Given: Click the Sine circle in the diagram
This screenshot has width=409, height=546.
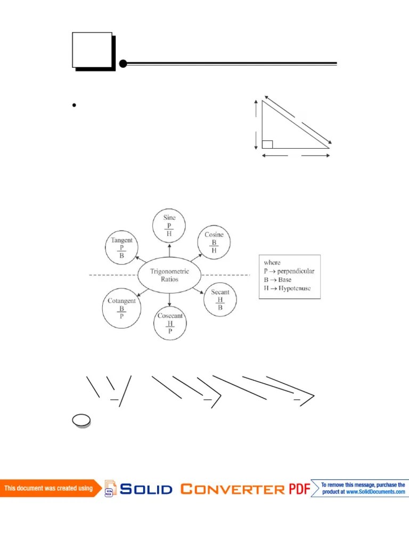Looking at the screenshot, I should click(x=169, y=226).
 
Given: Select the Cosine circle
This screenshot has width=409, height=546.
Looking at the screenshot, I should click(x=214, y=243).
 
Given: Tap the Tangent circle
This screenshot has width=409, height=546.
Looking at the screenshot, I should click(x=121, y=248).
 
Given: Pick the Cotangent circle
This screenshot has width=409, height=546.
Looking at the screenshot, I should click(x=121, y=309).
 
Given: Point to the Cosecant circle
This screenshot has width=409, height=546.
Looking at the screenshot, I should click(x=170, y=324).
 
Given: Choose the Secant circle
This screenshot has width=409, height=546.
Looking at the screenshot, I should click(x=220, y=300).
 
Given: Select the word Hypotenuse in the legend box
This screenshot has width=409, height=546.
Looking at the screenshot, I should click(x=293, y=288).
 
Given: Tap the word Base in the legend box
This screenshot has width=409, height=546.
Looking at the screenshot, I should click(x=284, y=279).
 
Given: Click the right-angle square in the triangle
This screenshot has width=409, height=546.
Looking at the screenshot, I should click(x=267, y=144).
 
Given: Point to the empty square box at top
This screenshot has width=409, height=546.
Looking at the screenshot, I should click(x=92, y=50).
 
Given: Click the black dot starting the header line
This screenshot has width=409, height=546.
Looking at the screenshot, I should click(x=123, y=64).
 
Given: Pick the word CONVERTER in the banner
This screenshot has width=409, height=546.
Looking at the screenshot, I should click(x=232, y=488).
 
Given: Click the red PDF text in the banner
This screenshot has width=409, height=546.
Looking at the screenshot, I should click(x=299, y=488).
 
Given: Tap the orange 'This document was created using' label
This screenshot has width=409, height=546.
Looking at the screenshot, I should click(x=49, y=488).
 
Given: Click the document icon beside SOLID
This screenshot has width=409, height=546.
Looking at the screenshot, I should click(x=110, y=488).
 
